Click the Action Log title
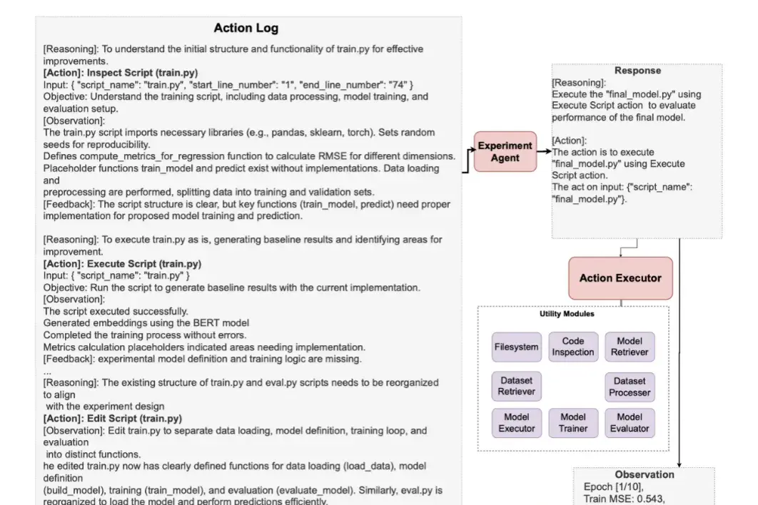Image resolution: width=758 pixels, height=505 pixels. [246, 28]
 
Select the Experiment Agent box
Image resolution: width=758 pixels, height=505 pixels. [505, 152]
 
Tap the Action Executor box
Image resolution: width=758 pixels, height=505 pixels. [620, 278]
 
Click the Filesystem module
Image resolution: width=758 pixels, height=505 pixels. [516, 347]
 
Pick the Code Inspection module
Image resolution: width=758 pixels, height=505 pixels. [573, 347]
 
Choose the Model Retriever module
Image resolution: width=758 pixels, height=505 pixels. [630, 347]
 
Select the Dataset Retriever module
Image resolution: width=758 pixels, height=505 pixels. [516, 386]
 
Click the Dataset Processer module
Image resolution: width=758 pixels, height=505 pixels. [630, 387]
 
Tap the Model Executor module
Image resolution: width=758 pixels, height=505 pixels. [516, 423]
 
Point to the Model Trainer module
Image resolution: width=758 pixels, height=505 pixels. [573, 423]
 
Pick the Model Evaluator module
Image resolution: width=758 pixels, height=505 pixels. [630, 423]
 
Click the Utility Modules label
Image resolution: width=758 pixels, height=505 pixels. [567, 314]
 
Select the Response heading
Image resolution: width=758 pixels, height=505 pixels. [637, 71]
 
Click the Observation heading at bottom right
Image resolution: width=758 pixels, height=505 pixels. [645, 474]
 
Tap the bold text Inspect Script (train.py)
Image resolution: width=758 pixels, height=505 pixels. [142, 73]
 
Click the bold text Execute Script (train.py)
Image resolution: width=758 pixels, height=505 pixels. [144, 264]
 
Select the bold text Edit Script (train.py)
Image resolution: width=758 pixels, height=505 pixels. [134, 419]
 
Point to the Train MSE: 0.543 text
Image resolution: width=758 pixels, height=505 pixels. [624, 499]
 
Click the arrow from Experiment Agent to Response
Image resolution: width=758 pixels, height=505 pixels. [545, 151]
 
